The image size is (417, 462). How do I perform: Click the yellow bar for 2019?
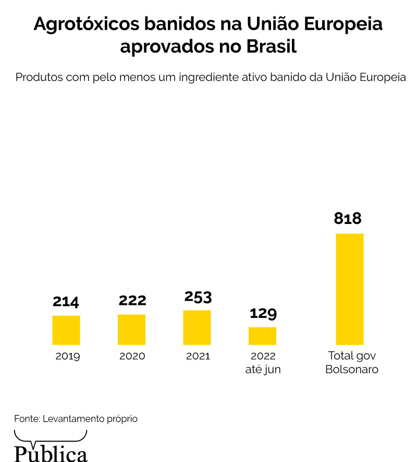point(66,330)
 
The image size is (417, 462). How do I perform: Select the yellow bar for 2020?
point(131,329)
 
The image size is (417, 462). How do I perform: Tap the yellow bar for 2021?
point(197,327)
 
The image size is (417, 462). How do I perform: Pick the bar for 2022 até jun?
point(262,336)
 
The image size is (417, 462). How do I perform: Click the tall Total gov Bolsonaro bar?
point(349,289)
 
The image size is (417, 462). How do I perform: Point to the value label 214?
point(66,302)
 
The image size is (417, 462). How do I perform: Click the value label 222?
point(132,301)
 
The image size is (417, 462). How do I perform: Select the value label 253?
point(198,297)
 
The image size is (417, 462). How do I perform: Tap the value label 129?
point(263,313)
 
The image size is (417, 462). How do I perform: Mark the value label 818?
point(348,218)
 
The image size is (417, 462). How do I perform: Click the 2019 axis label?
point(67,357)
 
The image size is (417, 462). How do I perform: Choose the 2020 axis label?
point(132,357)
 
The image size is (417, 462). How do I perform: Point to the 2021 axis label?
point(198,357)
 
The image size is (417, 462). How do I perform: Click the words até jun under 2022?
point(263,370)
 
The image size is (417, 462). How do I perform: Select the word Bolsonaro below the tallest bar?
point(352,370)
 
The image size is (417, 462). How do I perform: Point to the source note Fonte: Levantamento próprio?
point(76,419)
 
